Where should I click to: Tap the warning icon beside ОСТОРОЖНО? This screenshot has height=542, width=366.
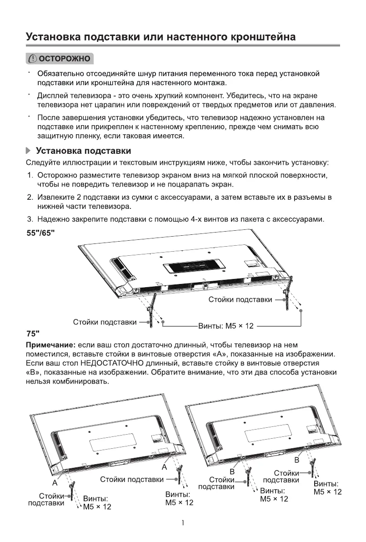coord(33,59)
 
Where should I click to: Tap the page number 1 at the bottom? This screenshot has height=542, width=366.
coord(182,523)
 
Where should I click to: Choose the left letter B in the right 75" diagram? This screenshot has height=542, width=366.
coord(232,471)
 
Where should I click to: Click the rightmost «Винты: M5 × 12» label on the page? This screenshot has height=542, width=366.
coord(327,488)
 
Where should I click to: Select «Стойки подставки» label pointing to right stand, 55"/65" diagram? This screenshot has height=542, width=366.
coord(240,299)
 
